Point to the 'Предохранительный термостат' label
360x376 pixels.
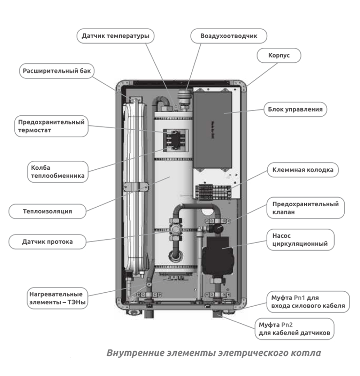[50, 126]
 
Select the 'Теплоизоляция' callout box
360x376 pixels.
[47, 210]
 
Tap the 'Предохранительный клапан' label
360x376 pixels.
[306, 208]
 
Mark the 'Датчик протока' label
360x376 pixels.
[47, 242]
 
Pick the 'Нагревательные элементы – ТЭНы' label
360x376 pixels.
[56, 298]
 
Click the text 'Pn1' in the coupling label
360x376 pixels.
[300, 298]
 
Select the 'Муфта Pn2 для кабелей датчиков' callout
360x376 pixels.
[295, 329]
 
